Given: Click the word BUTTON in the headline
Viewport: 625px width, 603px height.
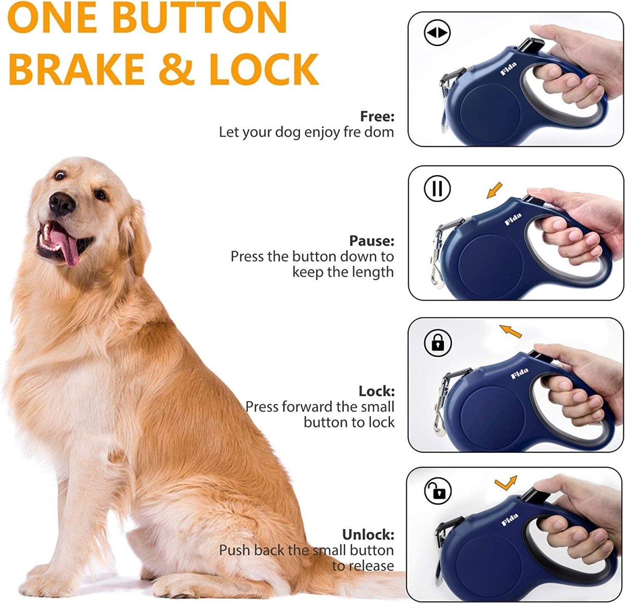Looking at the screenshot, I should click(199, 19).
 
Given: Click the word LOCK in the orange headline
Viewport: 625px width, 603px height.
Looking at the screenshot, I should click(264, 69).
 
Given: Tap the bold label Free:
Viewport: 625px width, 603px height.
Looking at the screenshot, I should click(377, 116).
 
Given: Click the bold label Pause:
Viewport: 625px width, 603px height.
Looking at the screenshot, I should click(371, 241).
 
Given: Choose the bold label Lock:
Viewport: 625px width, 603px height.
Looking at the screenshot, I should click(376, 391).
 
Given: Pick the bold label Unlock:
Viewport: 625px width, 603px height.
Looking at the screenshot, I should click(368, 535).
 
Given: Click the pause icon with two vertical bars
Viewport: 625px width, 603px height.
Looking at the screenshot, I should click(437, 189).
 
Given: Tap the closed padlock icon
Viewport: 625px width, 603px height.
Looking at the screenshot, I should click(438, 343).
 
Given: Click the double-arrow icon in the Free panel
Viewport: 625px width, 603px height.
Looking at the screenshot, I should click(437, 33).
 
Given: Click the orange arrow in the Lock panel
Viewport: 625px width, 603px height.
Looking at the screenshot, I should click(510, 330).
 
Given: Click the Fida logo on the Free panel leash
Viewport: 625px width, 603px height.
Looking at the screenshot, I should click(508, 69).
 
